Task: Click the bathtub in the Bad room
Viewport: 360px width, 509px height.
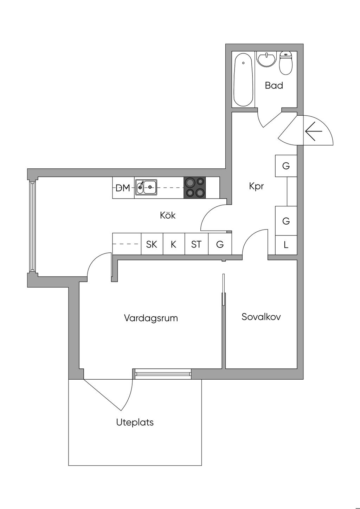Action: (243, 80)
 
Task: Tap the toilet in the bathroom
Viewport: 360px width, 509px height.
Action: (286, 63)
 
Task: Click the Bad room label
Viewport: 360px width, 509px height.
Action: (274, 85)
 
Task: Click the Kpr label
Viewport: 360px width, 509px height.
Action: (256, 186)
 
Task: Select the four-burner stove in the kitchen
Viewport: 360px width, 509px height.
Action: (195, 187)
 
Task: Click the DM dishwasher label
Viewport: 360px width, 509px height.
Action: (123, 188)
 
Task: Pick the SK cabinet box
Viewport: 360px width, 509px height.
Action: (152, 244)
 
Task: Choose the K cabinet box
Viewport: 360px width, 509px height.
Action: (174, 244)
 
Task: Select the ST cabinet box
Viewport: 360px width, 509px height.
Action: (196, 244)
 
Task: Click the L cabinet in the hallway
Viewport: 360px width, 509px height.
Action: (286, 245)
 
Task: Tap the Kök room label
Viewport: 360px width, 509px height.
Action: (168, 215)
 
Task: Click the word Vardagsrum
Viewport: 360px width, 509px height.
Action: (151, 318)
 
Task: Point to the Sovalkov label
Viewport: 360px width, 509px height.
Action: (261, 317)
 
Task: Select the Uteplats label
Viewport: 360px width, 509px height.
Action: (135, 422)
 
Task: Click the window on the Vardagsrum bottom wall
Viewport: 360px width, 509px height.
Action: (163, 374)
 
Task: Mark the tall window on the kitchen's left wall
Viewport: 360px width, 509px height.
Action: (33, 227)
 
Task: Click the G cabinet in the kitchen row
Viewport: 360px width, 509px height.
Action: (220, 244)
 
